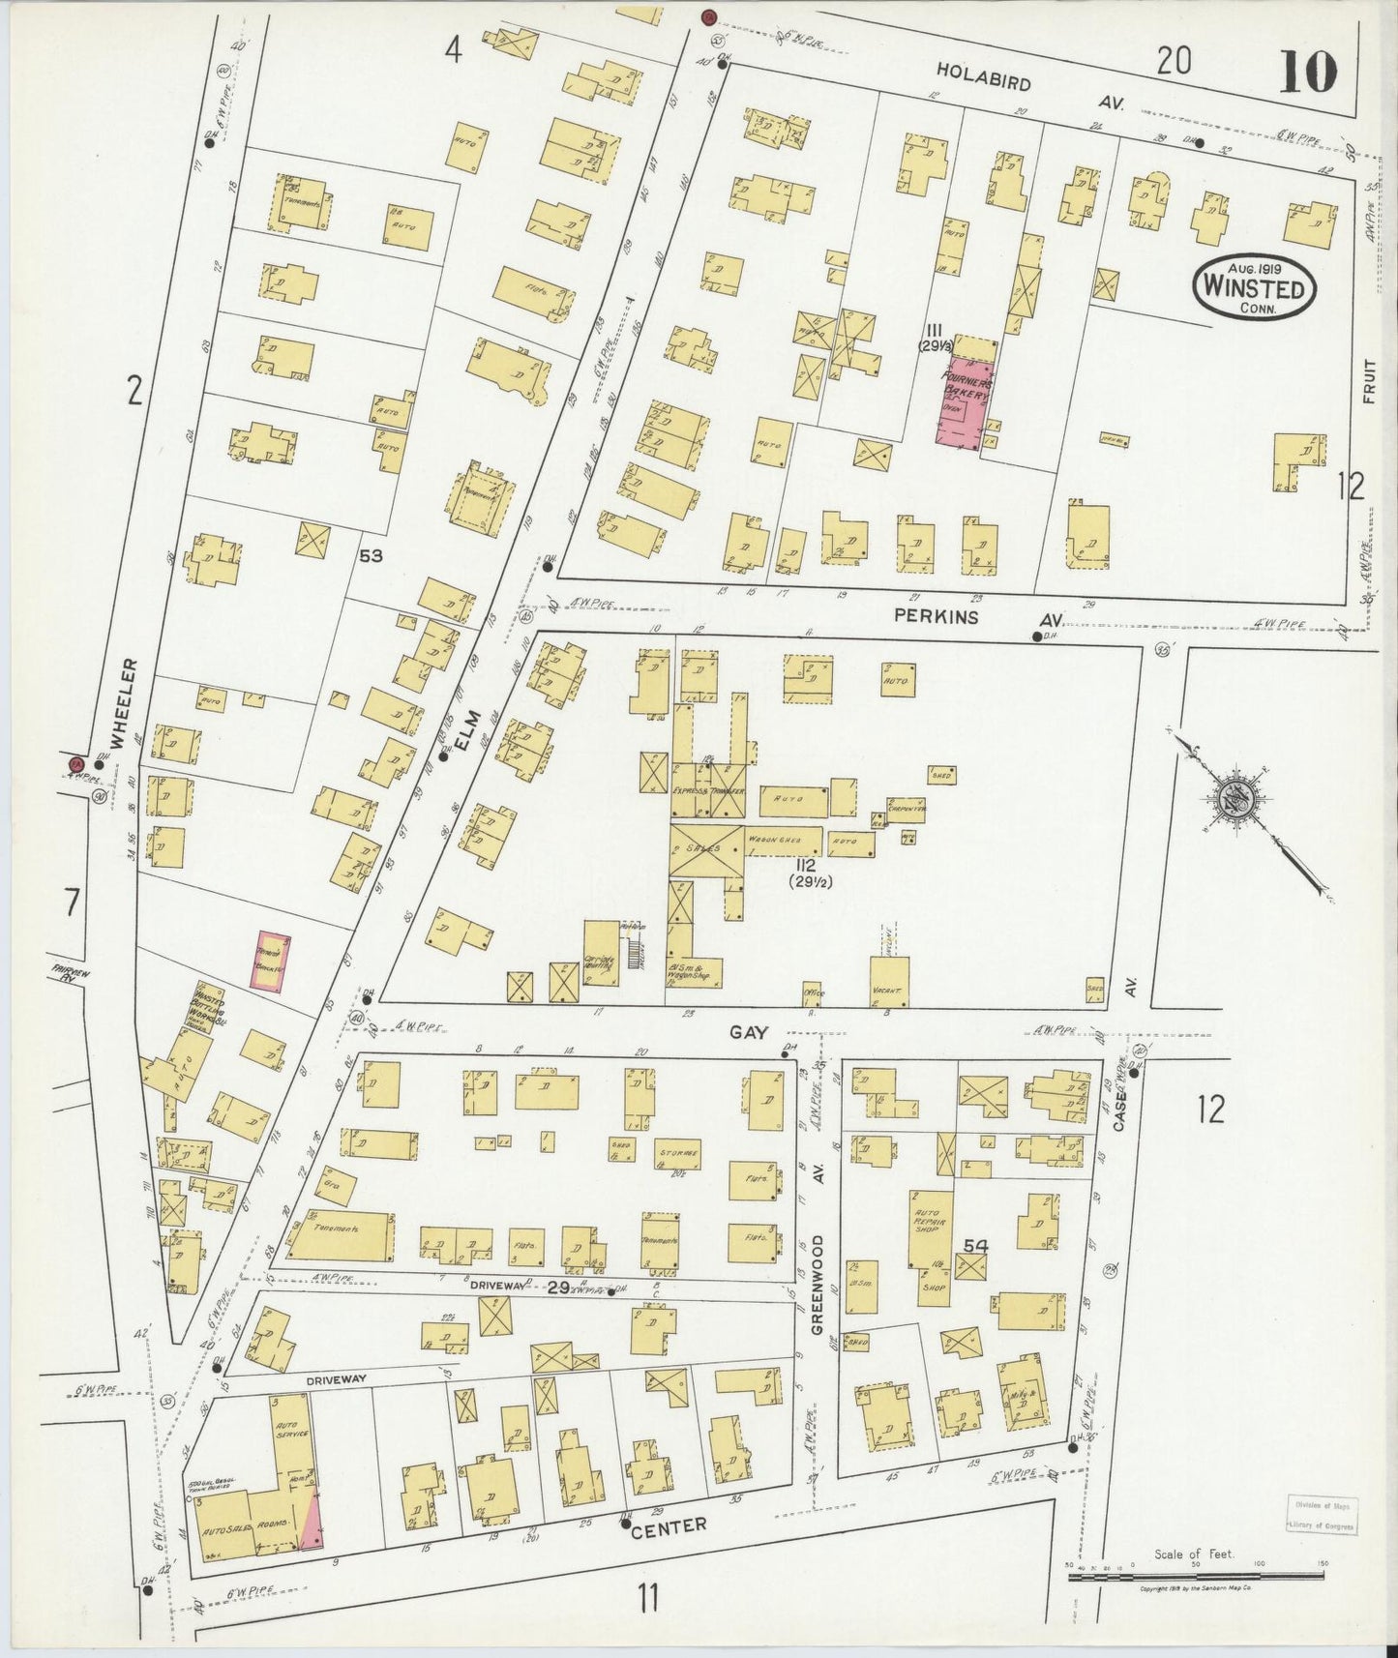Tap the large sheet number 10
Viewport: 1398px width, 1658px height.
[1307, 71]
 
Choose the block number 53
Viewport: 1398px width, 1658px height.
[371, 555]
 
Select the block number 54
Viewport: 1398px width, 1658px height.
[974, 1248]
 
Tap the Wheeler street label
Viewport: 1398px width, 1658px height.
[121, 704]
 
